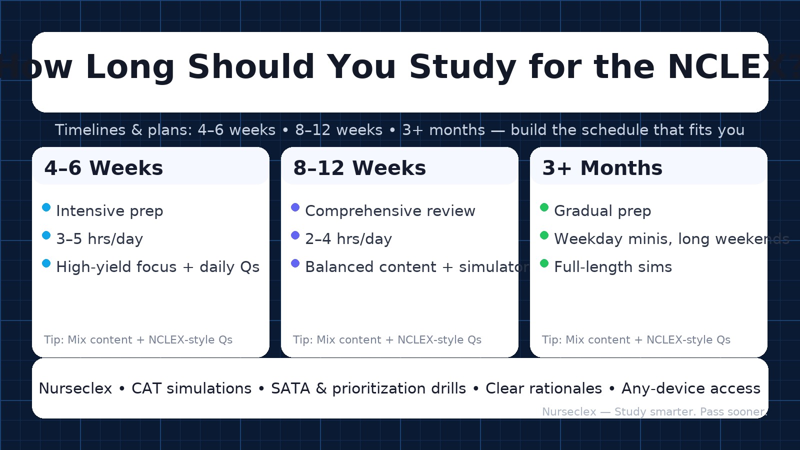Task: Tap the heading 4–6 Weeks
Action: pyautogui.click(x=103, y=168)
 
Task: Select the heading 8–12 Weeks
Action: pyautogui.click(x=359, y=168)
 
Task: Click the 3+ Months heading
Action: pyautogui.click(x=602, y=168)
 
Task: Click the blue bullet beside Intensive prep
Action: pyautogui.click(x=46, y=207)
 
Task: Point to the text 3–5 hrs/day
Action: pyautogui.click(x=99, y=239)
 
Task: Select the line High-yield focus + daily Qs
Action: pyautogui.click(x=157, y=267)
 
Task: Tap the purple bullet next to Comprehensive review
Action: pyautogui.click(x=295, y=207)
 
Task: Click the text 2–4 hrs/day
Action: pyautogui.click(x=348, y=239)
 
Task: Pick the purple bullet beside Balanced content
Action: pyautogui.click(x=295, y=263)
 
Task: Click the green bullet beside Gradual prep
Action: pyautogui.click(x=544, y=207)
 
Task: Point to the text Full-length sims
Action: pyautogui.click(x=613, y=267)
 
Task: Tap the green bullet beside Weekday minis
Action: pyautogui.click(x=544, y=235)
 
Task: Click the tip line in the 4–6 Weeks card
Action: pyautogui.click(x=138, y=340)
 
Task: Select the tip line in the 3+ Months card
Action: pyautogui.click(x=636, y=340)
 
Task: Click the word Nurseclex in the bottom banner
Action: pyautogui.click(x=75, y=388)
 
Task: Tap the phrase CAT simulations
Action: pyautogui.click(x=191, y=388)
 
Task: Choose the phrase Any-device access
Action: pyautogui.click(x=690, y=388)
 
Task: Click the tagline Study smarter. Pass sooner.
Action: pyautogui.click(x=690, y=412)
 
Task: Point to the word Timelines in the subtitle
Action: pyautogui.click(x=90, y=130)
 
